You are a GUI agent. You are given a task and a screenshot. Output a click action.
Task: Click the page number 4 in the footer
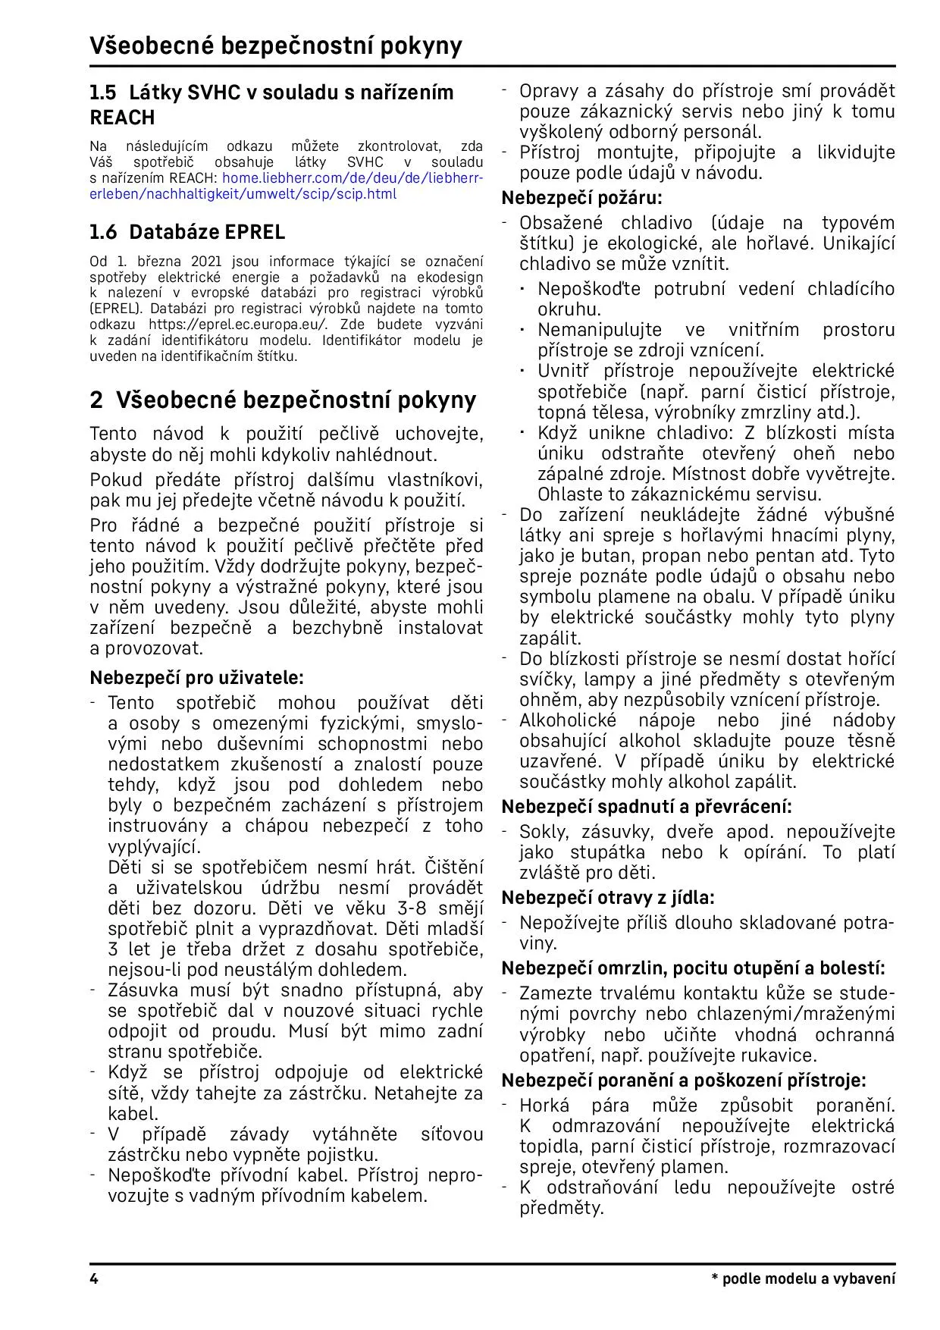[x=94, y=1278]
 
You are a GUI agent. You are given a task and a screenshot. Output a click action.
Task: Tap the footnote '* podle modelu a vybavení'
[x=803, y=1278]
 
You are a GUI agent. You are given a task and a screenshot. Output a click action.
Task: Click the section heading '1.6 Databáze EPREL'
[x=187, y=231]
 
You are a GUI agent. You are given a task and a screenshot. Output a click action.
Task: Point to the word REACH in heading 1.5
[x=122, y=118]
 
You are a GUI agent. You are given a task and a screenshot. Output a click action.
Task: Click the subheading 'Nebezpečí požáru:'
[x=581, y=198]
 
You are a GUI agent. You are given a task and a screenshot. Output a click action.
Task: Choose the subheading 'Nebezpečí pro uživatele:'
[x=196, y=677]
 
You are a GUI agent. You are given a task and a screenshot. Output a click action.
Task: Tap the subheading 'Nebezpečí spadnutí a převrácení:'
[x=647, y=806]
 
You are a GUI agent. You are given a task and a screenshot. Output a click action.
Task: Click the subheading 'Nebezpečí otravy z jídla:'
[x=608, y=898]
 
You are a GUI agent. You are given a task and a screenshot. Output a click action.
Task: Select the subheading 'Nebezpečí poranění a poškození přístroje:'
[x=684, y=1080]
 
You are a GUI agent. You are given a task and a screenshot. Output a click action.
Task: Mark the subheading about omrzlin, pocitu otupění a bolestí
[x=693, y=968]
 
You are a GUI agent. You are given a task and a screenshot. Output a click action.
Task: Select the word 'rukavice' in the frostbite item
[x=786, y=1055]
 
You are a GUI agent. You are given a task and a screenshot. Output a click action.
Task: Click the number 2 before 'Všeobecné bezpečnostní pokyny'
[x=96, y=400]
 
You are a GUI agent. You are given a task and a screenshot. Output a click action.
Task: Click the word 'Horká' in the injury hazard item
[x=544, y=1106]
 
